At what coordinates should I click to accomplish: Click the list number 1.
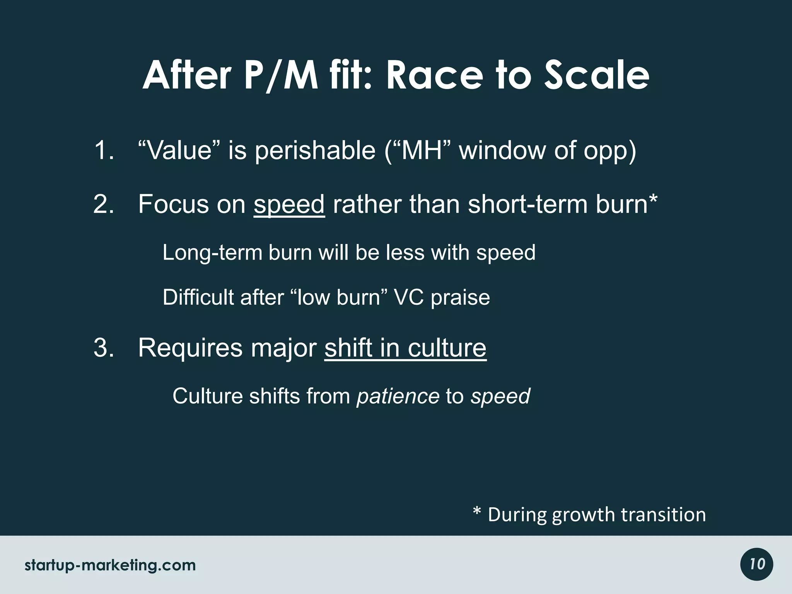[104, 150]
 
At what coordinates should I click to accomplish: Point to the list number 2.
[104, 204]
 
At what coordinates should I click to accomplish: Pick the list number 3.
[104, 348]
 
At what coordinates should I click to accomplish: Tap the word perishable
[315, 151]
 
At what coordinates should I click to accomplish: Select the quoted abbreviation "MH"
[422, 150]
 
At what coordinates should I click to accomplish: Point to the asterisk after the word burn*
[653, 200]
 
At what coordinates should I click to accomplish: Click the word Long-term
[212, 253]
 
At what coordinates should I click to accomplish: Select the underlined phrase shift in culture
[405, 348]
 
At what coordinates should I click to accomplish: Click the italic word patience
[398, 396]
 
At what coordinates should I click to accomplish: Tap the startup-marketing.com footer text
[110, 565]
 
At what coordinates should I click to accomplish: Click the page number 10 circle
[757, 564]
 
